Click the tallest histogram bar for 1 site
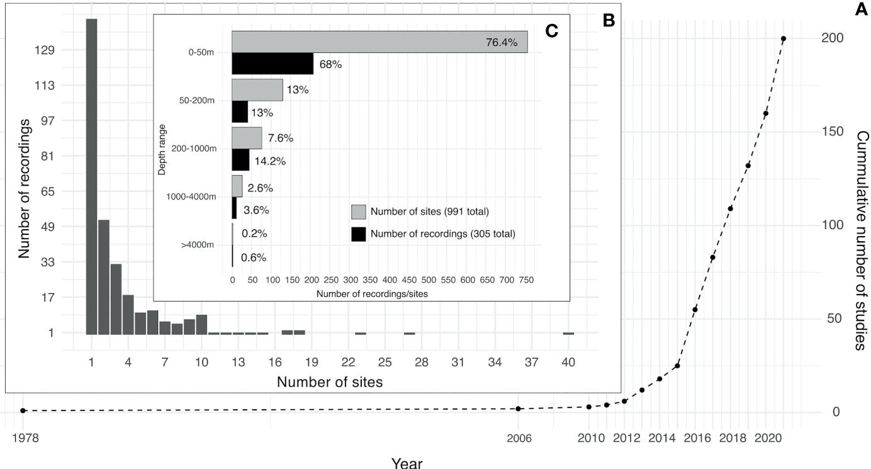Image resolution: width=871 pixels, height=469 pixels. [92, 176]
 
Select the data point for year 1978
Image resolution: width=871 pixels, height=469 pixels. [23, 410]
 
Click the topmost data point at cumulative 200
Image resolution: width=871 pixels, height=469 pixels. [784, 39]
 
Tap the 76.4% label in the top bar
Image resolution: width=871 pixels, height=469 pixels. [501, 43]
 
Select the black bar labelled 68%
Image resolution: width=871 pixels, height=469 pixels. [272, 64]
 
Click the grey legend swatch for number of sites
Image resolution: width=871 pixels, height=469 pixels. [358, 212]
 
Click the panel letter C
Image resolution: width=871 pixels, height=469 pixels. [551, 31]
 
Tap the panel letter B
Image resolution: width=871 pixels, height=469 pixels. [609, 21]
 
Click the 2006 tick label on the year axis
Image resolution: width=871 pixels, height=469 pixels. [517, 438]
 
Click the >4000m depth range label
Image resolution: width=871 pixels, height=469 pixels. [198, 245]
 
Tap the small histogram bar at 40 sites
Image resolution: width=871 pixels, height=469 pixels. [568, 333]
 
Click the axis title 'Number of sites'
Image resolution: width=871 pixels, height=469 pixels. [330, 381]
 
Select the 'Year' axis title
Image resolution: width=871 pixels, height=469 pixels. [407, 463]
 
